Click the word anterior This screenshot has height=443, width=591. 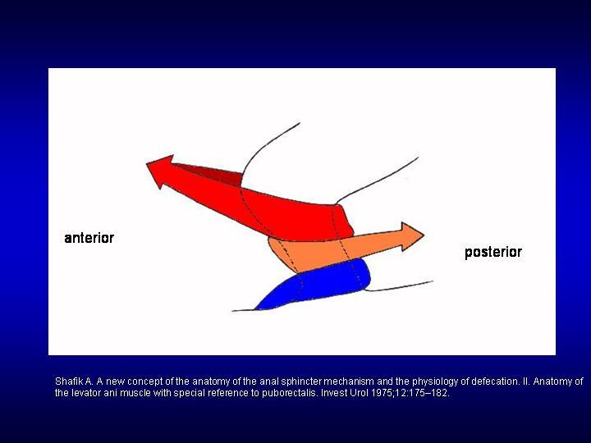click(x=89, y=238)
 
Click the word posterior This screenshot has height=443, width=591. click(x=493, y=252)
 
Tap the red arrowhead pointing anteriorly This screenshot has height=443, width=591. click(x=160, y=171)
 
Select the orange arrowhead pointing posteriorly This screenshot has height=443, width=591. click(x=412, y=236)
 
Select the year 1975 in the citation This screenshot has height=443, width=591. click(x=381, y=393)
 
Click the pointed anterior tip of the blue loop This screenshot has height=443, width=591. click(x=254, y=309)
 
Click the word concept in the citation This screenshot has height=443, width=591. click(x=145, y=381)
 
